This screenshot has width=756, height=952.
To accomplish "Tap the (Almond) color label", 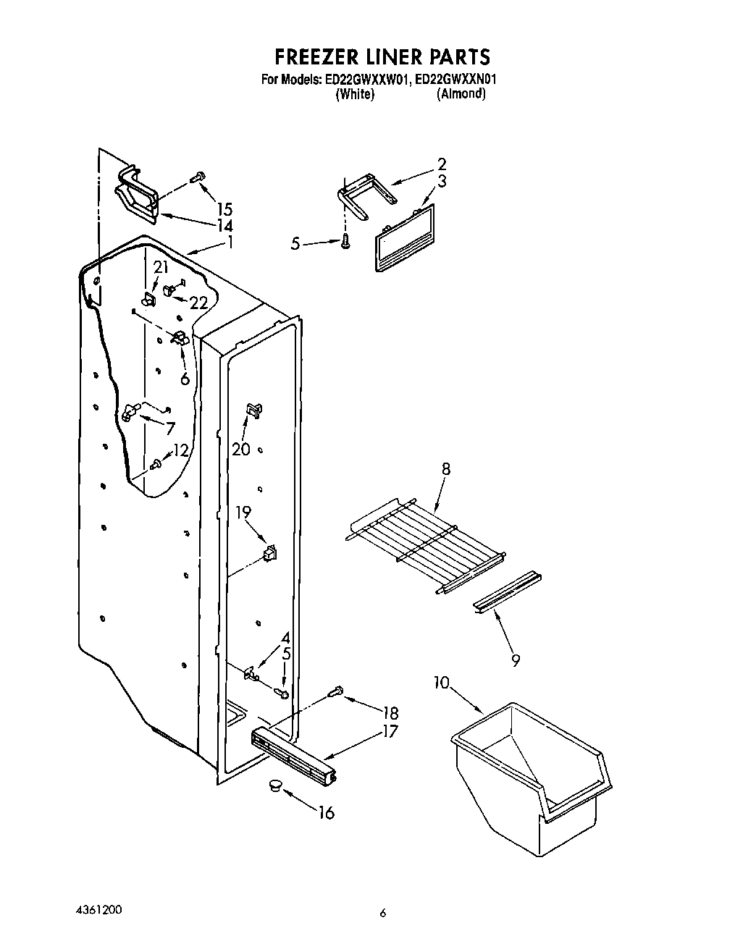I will [461, 94].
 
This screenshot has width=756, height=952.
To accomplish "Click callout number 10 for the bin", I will [442, 683].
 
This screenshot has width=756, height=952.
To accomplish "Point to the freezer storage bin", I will [532, 767].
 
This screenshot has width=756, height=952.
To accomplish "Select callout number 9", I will [516, 660].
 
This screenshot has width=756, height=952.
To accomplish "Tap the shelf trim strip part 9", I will [506, 591].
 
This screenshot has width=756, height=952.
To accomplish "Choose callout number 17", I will [390, 731].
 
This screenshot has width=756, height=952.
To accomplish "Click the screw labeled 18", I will [335, 692].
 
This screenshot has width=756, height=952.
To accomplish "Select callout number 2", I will [442, 164].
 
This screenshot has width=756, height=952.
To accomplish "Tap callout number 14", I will [224, 226].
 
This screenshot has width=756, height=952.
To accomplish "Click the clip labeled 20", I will [253, 410].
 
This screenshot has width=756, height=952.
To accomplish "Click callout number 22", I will [198, 303].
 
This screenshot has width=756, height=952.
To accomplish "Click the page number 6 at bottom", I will [383, 913].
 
